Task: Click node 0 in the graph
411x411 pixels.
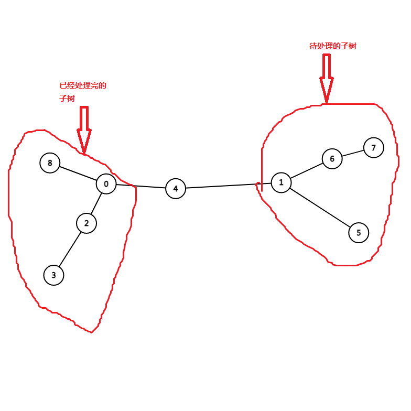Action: (x=106, y=184)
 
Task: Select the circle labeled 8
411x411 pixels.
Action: (x=50, y=163)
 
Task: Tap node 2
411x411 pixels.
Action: (x=86, y=223)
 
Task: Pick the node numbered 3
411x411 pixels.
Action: (x=53, y=275)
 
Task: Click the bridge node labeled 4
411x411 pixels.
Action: (x=176, y=188)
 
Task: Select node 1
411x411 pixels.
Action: (x=281, y=182)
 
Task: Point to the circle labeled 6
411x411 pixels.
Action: (x=332, y=158)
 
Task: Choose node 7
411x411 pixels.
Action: (x=374, y=147)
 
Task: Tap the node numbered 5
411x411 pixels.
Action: (x=359, y=233)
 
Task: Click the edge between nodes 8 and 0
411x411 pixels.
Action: (x=78, y=174)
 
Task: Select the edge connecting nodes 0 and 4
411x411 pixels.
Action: (x=140, y=186)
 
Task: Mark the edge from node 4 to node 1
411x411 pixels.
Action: (x=228, y=186)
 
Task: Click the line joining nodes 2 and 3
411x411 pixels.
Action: (x=70, y=249)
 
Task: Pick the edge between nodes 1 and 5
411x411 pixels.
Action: (x=320, y=208)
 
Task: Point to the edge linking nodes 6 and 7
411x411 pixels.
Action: (x=353, y=153)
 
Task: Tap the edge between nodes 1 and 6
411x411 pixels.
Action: (x=307, y=170)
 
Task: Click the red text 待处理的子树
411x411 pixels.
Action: (x=333, y=46)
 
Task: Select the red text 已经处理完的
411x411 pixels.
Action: (x=83, y=85)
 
